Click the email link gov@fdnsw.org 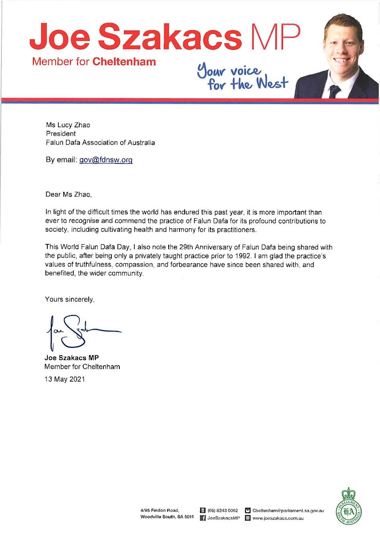(105, 160)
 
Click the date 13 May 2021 (65, 379)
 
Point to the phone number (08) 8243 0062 (222, 510)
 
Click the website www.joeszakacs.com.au (278, 518)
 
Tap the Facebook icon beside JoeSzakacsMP (203, 518)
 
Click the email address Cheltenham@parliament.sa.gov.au (288, 510)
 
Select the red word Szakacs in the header (170, 37)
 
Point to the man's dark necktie (334, 91)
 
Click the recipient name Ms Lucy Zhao (68, 125)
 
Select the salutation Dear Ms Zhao (68, 195)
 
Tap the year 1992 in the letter (242, 256)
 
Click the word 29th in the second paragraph (186, 247)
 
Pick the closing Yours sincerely (70, 299)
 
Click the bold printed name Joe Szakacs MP (72, 358)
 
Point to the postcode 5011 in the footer (189, 517)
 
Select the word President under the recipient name (61, 134)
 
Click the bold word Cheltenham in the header (124, 62)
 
